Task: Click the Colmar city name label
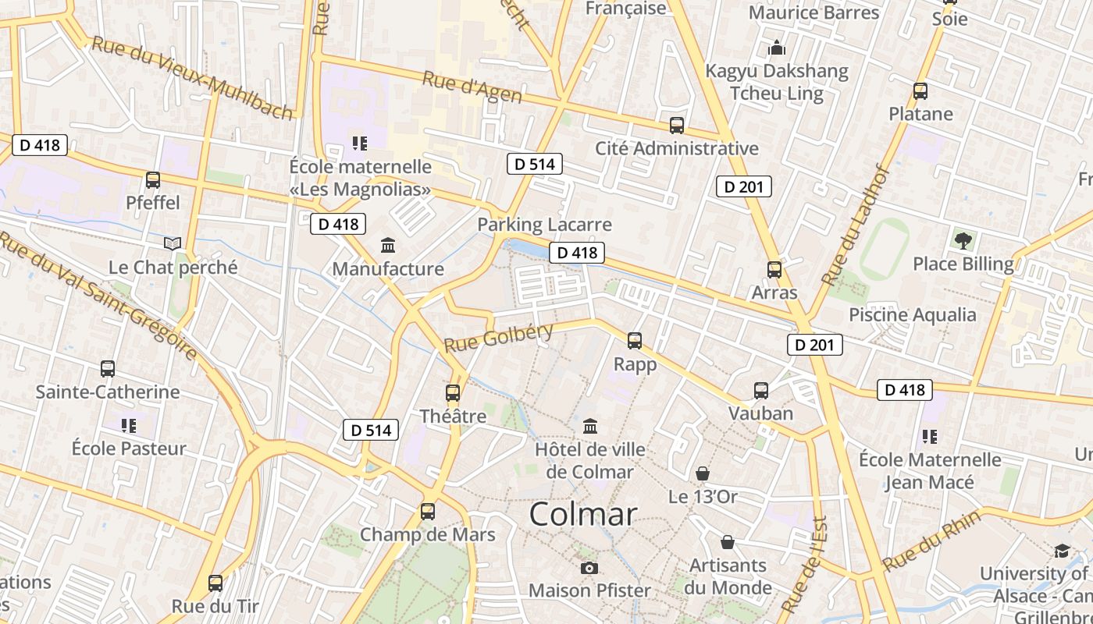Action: (583, 515)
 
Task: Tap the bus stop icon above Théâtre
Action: (453, 393)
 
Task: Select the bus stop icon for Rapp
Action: (635, 341)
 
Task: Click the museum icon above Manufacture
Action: (388, 246)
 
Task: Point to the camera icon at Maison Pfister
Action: (589, 568)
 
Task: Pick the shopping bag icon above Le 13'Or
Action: (703, 473)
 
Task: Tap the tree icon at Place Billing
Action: (963, 240)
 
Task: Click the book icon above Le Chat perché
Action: (173, 244)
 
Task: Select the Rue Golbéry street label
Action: (498, 338)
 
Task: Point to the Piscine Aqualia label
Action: (913, 315)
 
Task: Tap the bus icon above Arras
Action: (774, 270)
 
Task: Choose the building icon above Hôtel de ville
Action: (590, 427)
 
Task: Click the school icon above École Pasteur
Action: (129, 426)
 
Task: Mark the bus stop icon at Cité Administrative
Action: (677, 125)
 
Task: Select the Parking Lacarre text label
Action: (544, 225)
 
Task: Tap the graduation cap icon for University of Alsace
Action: (1061, 551)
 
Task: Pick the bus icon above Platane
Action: (920, 90)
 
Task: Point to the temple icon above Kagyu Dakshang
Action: (777, 48)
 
